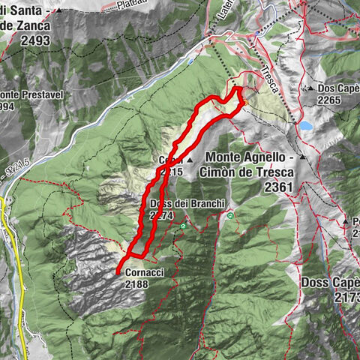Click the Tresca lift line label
270,79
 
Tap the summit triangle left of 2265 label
310,88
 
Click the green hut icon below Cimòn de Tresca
231,215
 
